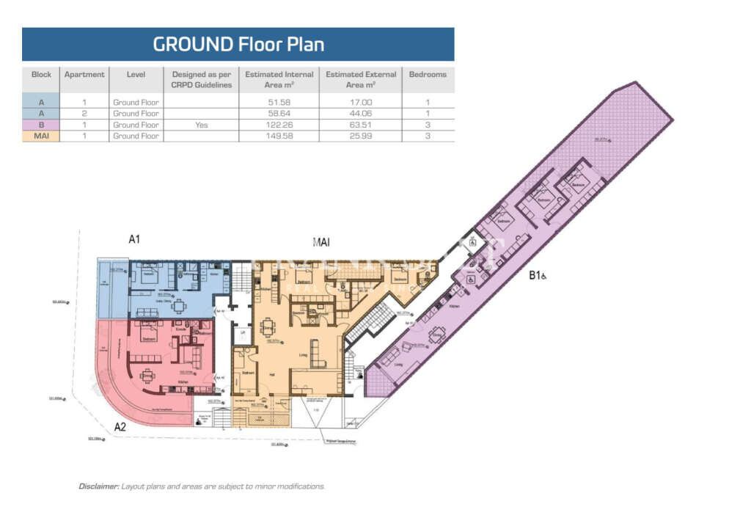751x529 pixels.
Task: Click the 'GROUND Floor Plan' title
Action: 238,44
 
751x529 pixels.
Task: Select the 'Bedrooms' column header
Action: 428,74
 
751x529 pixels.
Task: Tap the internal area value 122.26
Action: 279,125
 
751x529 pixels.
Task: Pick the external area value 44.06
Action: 360,114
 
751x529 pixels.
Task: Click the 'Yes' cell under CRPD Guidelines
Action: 202,125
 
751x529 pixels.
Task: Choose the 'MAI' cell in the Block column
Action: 41,136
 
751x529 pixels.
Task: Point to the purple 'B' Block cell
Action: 41,125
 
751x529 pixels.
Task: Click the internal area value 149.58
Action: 279,136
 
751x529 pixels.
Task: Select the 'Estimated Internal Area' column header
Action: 279,79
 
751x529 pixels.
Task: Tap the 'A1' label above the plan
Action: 134,238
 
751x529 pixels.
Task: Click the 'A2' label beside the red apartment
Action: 120,426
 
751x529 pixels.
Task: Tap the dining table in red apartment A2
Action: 147,375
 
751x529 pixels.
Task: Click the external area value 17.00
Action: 360,103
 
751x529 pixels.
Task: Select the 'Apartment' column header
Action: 84,74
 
